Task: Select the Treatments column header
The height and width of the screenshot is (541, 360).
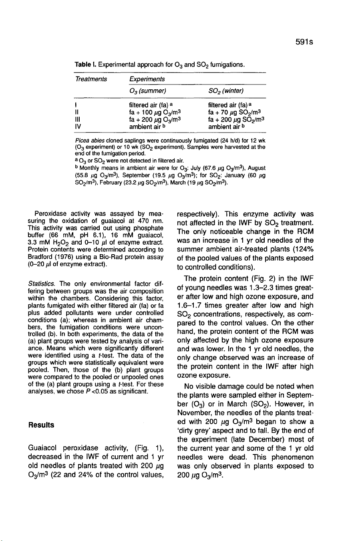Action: coord(91,79)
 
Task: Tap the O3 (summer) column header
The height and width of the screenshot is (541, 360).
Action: coord(145,91)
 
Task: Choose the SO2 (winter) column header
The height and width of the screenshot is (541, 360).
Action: coord(226,91)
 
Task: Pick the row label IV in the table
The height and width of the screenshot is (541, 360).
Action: coord(78,127)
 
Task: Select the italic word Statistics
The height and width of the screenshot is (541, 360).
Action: coord(38,284)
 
